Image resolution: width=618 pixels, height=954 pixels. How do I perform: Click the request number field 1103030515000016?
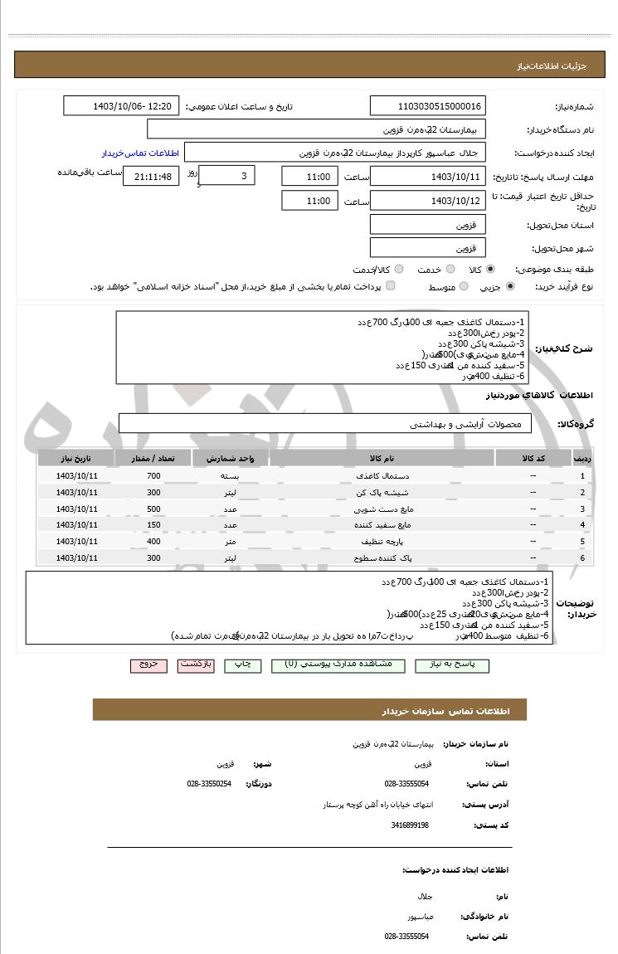[x=428, y=106]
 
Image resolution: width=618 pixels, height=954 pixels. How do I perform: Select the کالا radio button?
[x=490, y=270]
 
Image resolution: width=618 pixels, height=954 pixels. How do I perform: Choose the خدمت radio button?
[x=450, y=270]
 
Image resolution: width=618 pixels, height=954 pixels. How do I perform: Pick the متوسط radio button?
[x=464, y=286]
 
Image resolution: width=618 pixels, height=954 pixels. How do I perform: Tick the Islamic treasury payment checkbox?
[x=391, y=286]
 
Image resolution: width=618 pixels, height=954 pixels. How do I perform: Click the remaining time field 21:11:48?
[x=150, y=177]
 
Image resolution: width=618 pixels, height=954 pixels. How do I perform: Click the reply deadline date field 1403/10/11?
[x=428, y=177]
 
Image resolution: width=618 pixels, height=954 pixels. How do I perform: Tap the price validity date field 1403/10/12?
[x=428, y=201]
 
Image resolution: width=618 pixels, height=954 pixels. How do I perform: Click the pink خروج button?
[x=148, y=665]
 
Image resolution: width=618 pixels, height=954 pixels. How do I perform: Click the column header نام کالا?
[x=382, y=458]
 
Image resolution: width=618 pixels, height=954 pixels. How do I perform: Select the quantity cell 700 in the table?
[x=153, y=476]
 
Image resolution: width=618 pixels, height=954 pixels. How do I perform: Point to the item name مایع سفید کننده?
[x=382, y=525]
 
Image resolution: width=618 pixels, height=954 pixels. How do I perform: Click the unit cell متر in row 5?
[x=231, y=542]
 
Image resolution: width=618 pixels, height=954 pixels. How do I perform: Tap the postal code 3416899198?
[x=410, y=825]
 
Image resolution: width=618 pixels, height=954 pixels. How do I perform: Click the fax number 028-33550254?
[x=209, y=784]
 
